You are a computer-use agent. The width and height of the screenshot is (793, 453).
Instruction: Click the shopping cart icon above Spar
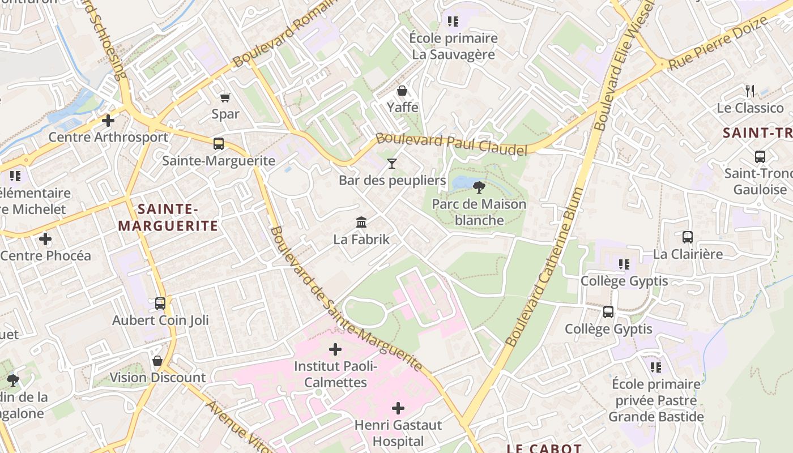[225, 97]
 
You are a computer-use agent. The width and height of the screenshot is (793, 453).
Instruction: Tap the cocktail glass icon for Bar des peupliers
[392, 164]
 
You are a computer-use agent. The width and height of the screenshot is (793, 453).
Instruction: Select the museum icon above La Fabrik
[361, 222]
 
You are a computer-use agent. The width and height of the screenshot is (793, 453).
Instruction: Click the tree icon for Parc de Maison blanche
[479, 187]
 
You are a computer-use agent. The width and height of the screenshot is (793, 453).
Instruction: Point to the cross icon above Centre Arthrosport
[108, 120]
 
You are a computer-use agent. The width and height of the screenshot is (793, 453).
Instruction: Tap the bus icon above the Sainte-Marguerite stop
[219, 144]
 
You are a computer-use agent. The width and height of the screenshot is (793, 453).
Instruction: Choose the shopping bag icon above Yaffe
[402, 91]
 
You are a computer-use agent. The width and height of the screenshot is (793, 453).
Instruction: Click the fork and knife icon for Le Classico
[750, 91]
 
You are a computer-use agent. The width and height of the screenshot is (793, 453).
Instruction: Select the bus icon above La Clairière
[688, 237]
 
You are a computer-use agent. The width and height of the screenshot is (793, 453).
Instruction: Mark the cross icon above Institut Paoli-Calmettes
[335, 349]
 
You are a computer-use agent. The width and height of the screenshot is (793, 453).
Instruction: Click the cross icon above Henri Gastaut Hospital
[398, 408]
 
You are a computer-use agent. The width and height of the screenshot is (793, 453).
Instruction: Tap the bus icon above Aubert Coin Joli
[160, 303]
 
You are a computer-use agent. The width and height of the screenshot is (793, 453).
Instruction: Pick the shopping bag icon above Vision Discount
[157, 361]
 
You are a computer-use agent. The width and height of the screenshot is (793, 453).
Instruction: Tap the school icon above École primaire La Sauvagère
[453, 22]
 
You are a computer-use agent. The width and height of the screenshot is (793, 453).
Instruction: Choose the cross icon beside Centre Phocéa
[45, 239]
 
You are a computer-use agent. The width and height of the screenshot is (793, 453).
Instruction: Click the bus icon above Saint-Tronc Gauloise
[760, 156]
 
